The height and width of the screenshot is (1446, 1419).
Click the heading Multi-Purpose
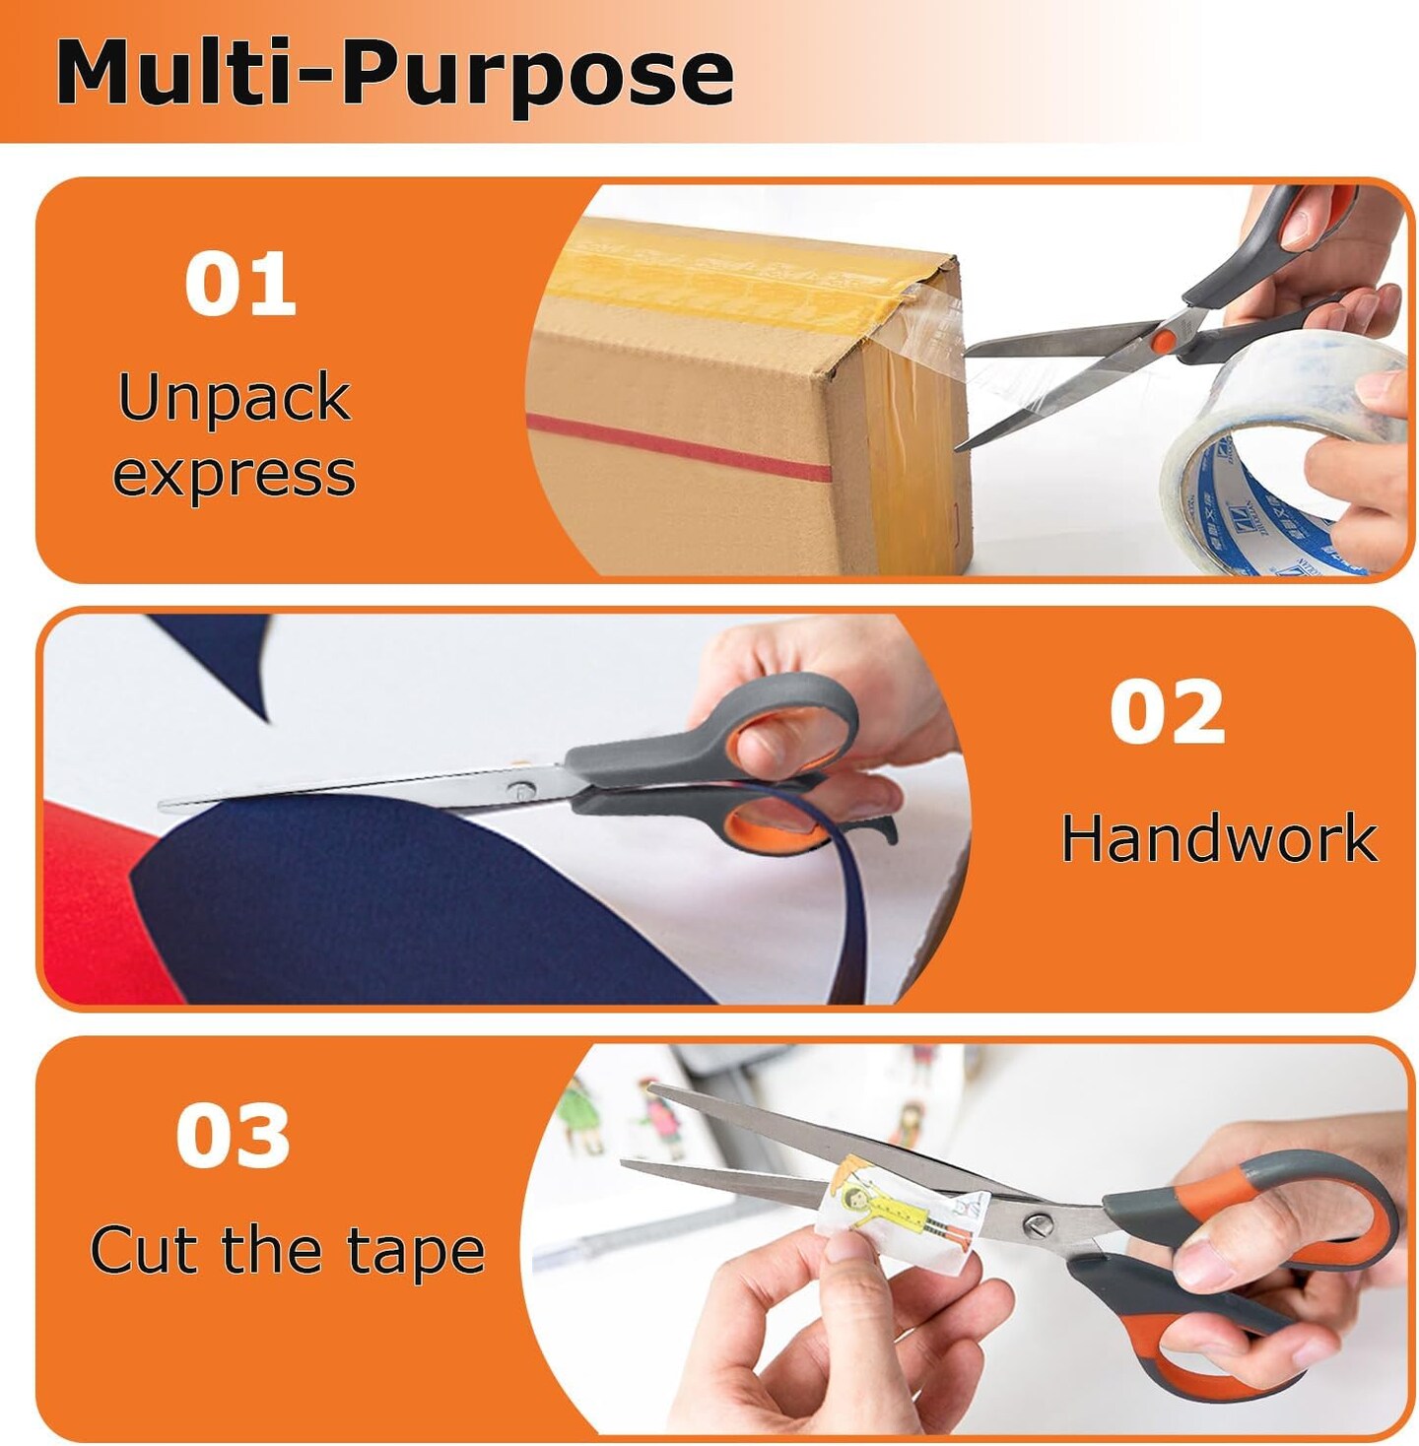394,73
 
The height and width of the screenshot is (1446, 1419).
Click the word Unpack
234,398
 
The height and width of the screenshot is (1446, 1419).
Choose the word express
234,475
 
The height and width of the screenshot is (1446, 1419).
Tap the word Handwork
1218,839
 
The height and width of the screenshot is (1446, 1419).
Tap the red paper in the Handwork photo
89,906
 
